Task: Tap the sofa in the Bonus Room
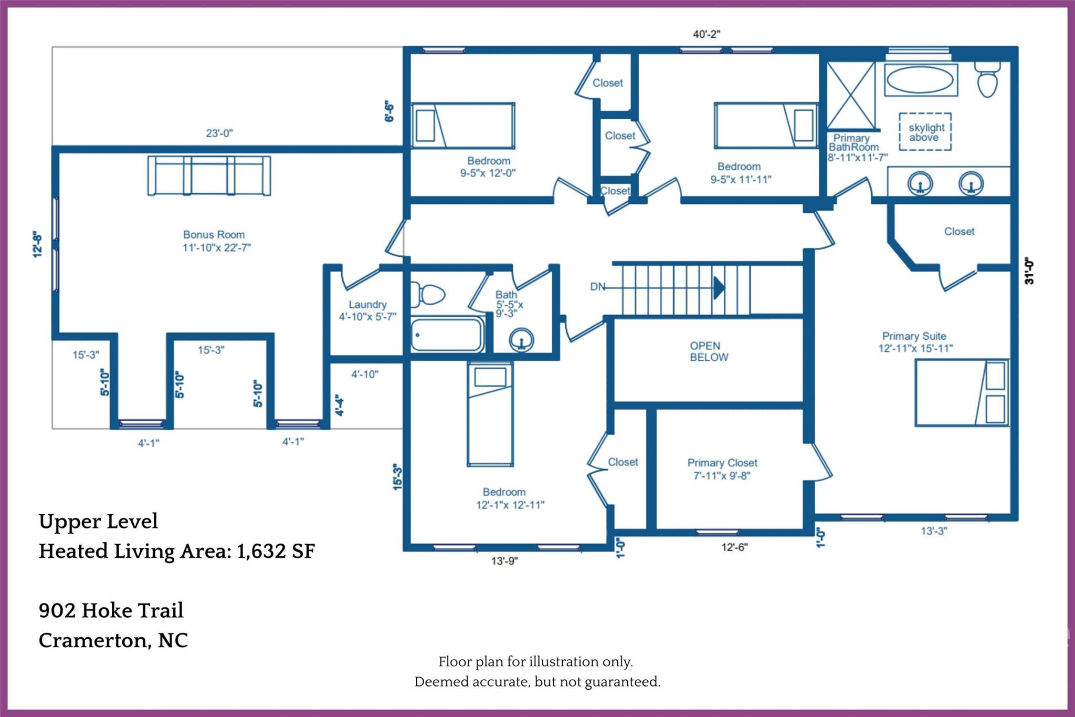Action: pos(209,175)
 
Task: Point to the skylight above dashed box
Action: pos(925,132)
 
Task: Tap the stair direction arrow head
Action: pos(719,288)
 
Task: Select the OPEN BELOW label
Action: pos(709,351)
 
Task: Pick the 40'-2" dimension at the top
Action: pos(707,34)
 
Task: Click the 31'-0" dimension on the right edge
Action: pos(1029,271)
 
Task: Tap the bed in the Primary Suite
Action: pos(962,392)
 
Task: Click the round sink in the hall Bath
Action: pos(521,340)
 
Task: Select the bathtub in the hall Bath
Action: pos(447,334)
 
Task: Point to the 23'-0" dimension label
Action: pos(219,133)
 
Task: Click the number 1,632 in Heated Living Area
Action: pos(260,551)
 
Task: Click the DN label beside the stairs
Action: pos(597,287)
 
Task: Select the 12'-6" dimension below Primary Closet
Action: pos(734,547)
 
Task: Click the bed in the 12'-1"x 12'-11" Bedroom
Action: pos(490,414)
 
